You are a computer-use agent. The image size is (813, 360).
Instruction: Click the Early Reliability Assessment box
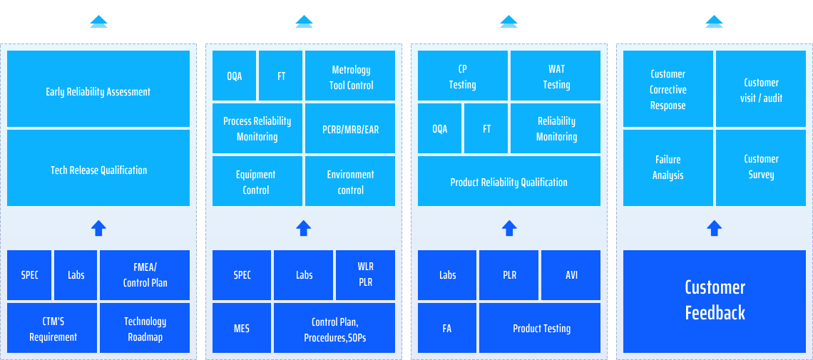click(98, 88)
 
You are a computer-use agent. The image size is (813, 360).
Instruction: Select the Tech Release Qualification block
click(98, 168)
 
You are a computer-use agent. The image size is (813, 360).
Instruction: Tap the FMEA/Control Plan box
click(145, 275)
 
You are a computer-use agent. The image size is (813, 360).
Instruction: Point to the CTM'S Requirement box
click(52, 328)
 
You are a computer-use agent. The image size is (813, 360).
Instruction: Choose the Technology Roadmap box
click(145, 328)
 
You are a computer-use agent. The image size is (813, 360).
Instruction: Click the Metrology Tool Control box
click(350, 76)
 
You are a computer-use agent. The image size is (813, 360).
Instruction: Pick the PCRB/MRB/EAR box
click(350, 128)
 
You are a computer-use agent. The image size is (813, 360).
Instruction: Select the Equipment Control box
click(257, 181)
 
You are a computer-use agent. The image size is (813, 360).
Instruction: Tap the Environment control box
click(350, 181)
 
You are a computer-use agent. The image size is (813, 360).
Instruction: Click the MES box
click(242, 328)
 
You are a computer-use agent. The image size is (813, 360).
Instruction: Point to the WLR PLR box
click(366, 275)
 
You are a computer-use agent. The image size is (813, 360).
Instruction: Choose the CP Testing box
click(463, 76)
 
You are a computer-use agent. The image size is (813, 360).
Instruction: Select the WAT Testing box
click(556, 76)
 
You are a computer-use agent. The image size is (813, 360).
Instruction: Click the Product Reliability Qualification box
click(509, 181)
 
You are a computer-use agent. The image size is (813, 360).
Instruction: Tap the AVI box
click(571, 275)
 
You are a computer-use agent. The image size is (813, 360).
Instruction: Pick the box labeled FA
click(447, 328)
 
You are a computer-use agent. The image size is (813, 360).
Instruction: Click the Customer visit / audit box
click(761, 88)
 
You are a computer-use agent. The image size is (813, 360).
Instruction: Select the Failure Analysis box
click(668, 168)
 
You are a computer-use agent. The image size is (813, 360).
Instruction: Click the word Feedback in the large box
click(715, 313)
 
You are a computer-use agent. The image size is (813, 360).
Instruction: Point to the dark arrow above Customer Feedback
click(715, 228)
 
